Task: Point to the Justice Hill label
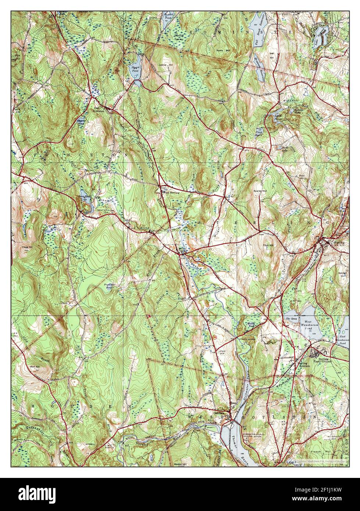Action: point(167,65)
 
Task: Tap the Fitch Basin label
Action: point(260,132)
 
